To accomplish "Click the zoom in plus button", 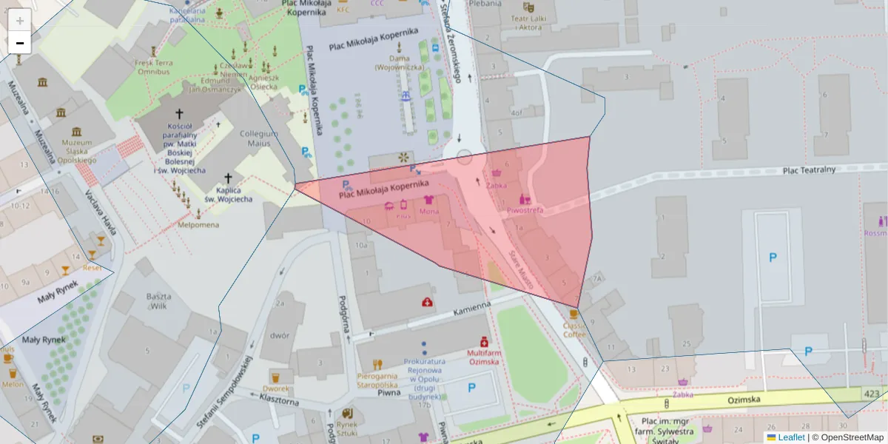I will pyautogui.click(x=19, y=20).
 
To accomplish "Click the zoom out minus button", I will pyautogui.click(x=19, y=43).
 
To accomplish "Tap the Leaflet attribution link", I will pyautogui.click(x=790, y=437).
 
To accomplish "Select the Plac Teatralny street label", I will pyautogui.click(x=809, y=169).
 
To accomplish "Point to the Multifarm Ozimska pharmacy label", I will pyautogui.click(x=484, y=357).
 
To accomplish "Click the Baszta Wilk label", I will pyautogui.click(x=158, y=301).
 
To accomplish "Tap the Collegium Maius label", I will pyautogui.click(x=259, y=138).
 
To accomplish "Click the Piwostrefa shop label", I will pyautogui.click(x=525, y=210).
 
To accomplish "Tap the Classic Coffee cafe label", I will pyautogui.click(x=573, y=329).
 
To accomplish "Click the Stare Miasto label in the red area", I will pyautogui.click(x=521, y=269).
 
